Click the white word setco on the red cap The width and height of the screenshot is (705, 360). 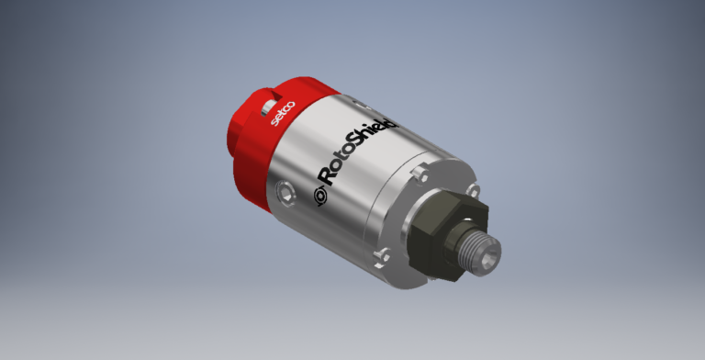283,113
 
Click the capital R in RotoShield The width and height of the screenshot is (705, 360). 327,177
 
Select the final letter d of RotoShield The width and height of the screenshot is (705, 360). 392,122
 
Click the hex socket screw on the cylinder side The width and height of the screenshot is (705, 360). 285,194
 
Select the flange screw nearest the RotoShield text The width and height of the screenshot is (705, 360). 420,174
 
